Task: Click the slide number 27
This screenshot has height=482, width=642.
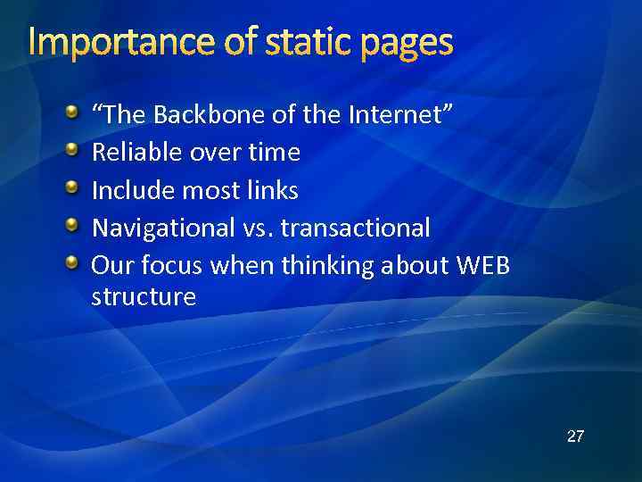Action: (575, 436)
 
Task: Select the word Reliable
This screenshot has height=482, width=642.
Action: (137, 153)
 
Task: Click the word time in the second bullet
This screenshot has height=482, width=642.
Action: (274, 153)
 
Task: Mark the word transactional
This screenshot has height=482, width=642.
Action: (355, 229)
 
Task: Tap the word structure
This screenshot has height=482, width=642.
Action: (144, 297)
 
